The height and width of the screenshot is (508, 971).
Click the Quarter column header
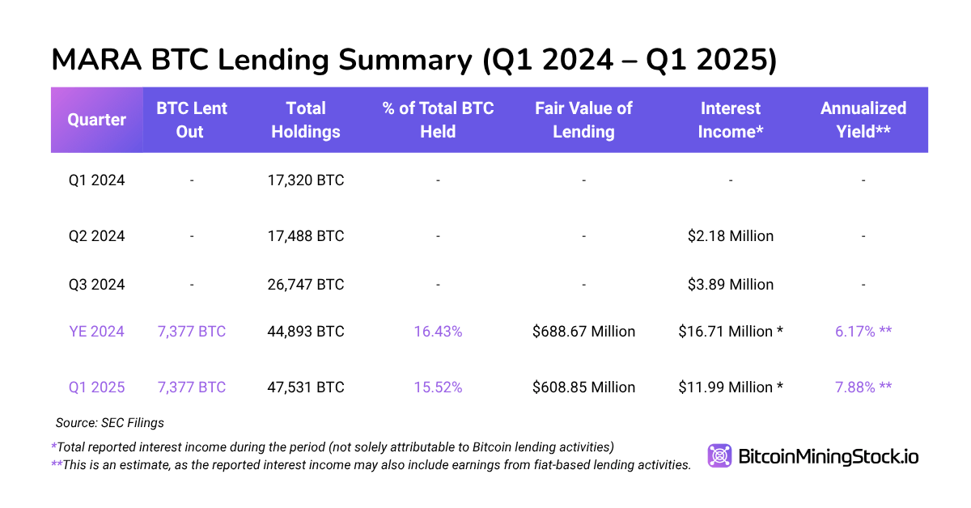pyautogui.click(x=96, y=120)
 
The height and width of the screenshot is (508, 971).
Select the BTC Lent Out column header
pyautogui.click(x=191, y=120)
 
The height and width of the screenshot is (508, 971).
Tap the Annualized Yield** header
pyautogui.click(x=863, y=120)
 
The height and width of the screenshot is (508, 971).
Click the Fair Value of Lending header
pyautogui.click(x=583, y=120)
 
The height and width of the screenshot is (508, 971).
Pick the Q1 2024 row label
pyautogui.click(x=96, y=180)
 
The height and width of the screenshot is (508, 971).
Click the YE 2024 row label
pyautogui.click(x=96, y=332)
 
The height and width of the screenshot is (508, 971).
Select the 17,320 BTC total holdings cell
pyautogui.click(x=306, y=180)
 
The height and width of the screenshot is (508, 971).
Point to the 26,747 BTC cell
pyautogui.click(x=306, y=285)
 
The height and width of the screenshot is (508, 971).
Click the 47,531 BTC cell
pyautogui.click(x=306, y=387)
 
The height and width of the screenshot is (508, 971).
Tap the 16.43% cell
pyautogui.click(x=438, y=332)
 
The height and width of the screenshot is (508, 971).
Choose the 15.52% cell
pyautogui.click(x=438, y=387)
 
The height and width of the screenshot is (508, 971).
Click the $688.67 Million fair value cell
pyautogui.click(x=583, y=332)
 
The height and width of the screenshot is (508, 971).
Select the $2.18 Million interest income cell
pyautogui.click(x=731, y=236)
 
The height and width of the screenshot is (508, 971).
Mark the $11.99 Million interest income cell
pyautogui.click(x=731, y=387)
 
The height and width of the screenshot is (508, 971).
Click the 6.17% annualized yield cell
pyautogui.click(x=863, y=332)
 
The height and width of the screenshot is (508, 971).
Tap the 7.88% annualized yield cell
pyautogui.click(x=863, y=387)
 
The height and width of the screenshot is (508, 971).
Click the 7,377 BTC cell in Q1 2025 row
pyautogui.click(x=191, y=387)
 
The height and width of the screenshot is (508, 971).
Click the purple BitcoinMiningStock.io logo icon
pyautogui.click(x=719, y=456)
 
